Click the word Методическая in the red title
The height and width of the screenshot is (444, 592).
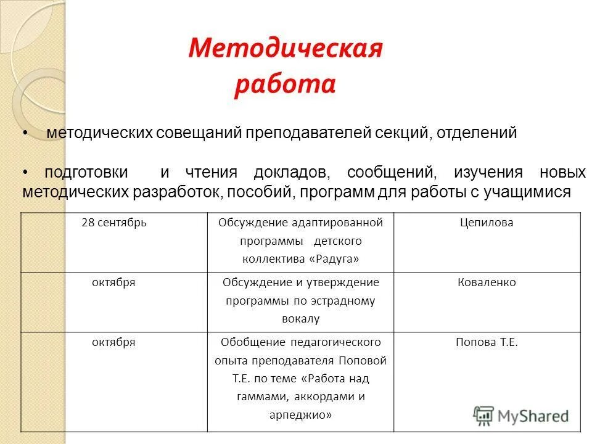pos(286,48)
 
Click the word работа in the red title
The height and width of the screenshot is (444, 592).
pos(284,85)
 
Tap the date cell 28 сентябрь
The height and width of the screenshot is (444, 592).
pos(114,223)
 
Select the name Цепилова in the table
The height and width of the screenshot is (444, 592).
pos(487,223)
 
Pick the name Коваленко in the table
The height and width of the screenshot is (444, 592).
pos(487,282)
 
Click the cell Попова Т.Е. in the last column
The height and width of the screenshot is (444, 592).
pos(487,342)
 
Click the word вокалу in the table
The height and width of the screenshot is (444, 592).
pos(300,319)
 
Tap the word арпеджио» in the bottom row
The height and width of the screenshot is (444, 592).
pos(300,416)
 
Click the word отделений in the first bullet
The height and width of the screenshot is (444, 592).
pos(477,133)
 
